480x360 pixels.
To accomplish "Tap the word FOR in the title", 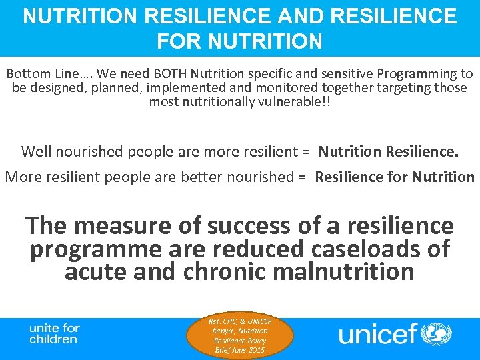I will click(x=175, y=42).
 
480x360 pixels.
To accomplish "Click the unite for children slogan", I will click(x=54, y=333).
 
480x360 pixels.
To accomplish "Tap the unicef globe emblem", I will click(x=437, y=333).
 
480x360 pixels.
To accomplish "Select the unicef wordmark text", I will click(x=377, y=333).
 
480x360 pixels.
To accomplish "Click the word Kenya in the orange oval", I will click(x=221, y=331).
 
